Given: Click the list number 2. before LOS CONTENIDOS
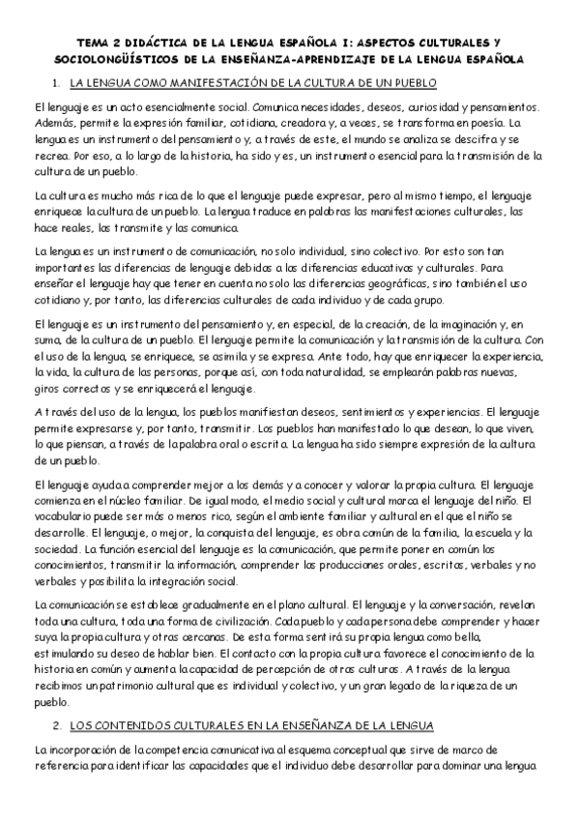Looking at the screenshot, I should (x=56, y=725).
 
